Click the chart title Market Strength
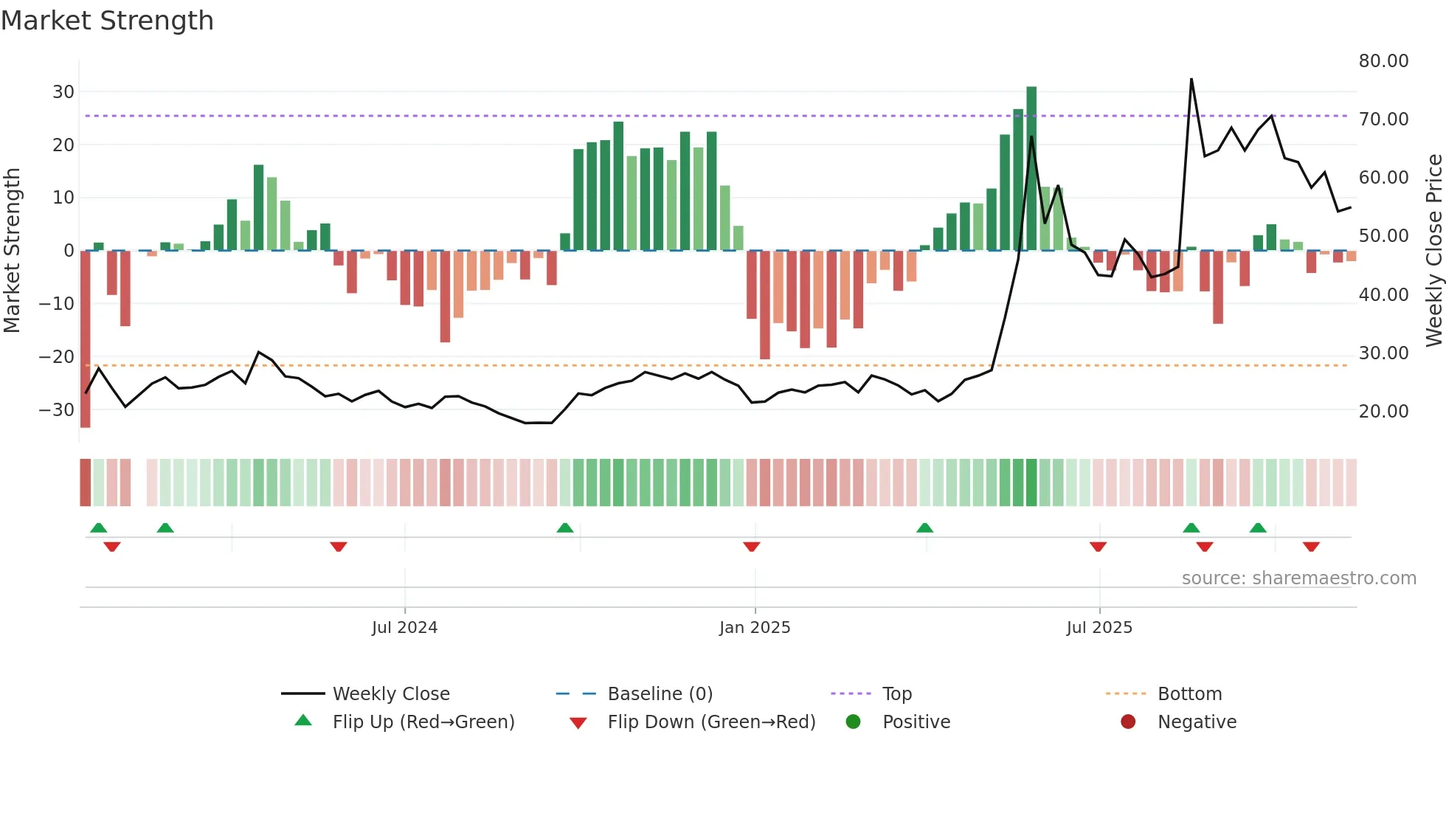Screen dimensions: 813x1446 tap(107, 21)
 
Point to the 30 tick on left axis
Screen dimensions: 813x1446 tap(63, 92)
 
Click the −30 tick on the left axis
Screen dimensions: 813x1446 tap(57, 409)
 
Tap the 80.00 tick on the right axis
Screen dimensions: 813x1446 tap(1383, 61)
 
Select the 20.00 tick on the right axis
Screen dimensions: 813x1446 tap(1383, 412)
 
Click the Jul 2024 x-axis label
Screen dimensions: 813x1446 tap(404, 628)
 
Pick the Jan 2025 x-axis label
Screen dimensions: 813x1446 tap(755, 628)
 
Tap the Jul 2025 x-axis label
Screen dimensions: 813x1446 tap(1099, 628)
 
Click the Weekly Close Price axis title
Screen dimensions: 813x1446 tap(1433, 250)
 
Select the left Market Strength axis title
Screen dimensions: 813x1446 tap(13, 250)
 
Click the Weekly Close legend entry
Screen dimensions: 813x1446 tap(390, 694)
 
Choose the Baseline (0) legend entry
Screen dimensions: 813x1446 tap(660, 694)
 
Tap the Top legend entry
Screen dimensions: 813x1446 tap(896, 694)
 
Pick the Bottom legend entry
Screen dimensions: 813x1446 tap(1189, 694)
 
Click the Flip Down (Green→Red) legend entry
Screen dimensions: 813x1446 tap(711, 722)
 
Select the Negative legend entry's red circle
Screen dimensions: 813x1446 tap(1127, 722)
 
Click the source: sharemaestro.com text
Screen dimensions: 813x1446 tap(1298, 578)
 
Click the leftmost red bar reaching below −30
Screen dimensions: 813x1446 tap(86, 339)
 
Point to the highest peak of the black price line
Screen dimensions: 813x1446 tap(1191, 79)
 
